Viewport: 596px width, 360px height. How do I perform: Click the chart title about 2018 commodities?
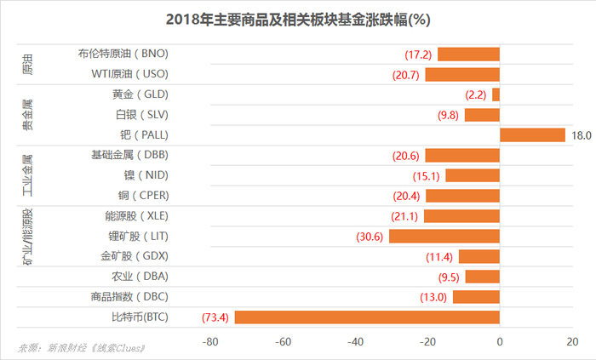297,19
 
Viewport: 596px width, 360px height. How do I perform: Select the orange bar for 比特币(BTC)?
367,317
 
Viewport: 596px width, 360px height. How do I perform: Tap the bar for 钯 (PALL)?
532,135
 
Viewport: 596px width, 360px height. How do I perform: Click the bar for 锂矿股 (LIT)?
444,236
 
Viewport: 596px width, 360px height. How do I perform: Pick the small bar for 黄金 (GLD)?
496,94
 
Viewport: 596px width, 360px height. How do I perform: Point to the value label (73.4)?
215,318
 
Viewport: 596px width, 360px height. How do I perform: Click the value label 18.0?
581,135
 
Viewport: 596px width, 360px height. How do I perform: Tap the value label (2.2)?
475,95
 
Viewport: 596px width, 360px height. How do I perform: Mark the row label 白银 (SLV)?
140,115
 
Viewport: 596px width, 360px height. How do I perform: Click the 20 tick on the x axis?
571,342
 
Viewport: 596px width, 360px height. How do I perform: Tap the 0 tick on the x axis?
500,342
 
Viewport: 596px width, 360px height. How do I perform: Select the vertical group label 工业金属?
28,175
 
